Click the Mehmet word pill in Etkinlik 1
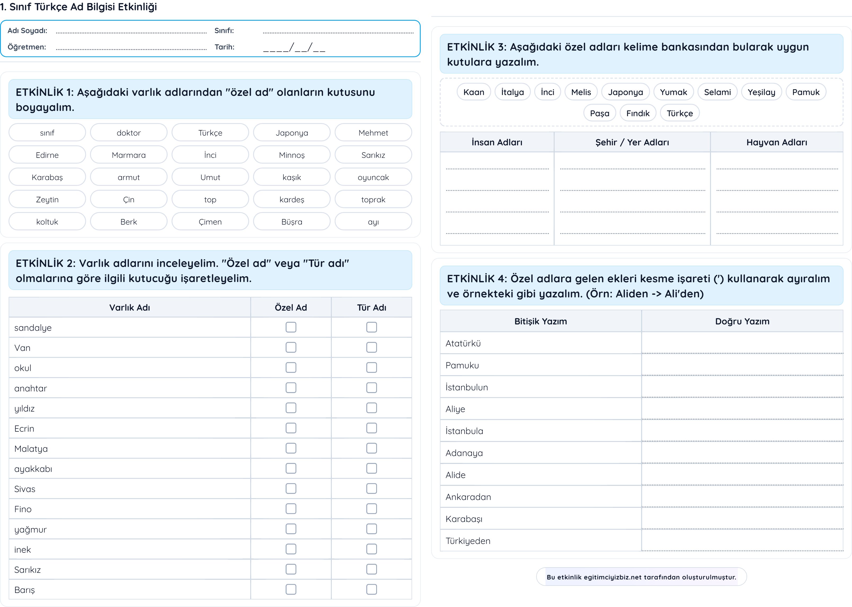[x=373, y=133]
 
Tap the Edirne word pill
[x=47, y=155]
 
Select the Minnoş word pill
[x=292, y=155]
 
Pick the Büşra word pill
[x=292, y=222]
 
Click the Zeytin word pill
[x=47, y=200]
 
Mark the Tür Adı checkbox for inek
[x=371, y=549]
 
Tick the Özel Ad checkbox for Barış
[x=291, y=590]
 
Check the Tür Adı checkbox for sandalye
[x=371, y=327]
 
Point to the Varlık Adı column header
[x=129, y=308]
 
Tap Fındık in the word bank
[x=638, y=113]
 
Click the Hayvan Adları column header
[x=776, y=142]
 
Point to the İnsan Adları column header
[x=497, y=142]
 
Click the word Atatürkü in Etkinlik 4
[x=463, y=343]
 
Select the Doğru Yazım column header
[x=742, y=322]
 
